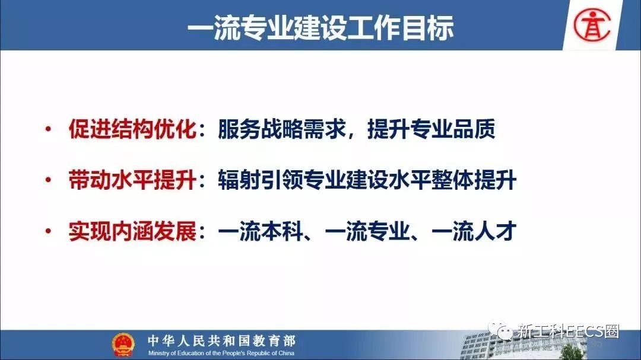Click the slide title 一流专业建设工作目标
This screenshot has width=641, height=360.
tap(320, 28)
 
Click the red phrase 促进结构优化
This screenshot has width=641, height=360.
tap(132, 129)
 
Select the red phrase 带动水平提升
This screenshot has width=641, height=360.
tap(132, 180)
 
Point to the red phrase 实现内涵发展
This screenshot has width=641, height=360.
tap(132, 231)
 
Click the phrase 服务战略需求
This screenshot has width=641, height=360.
tap(282, 129)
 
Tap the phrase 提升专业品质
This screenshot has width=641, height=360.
tap(431, 129)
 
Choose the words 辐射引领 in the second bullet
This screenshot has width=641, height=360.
tap(261, 180)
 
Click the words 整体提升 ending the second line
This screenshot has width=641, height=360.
tap(474, 180)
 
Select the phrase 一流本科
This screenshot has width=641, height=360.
tap(261, 231)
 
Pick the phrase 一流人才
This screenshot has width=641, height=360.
tap(474, 231)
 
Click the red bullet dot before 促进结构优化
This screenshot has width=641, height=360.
tap(48, 129)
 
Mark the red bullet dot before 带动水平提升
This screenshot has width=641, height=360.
tap(48, 180)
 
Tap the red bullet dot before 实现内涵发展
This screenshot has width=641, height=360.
tap(48, 231)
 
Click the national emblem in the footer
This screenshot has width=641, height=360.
tap(123, 345)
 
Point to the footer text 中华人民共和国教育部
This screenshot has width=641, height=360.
tap(221, 340)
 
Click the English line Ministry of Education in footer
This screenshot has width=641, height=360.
tap(221, 353)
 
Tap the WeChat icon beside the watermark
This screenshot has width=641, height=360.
tap(500, 331)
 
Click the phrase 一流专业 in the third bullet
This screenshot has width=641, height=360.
tap(367, 231)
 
